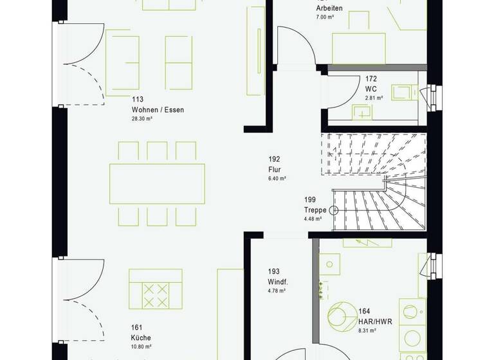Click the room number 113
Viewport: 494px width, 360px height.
pos(137,100)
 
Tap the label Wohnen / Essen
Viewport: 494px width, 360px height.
pos(158,110)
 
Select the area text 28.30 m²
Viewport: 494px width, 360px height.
pos(143,119)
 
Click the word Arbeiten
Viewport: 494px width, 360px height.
pos(329,8)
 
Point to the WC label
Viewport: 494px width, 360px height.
pos(370,89)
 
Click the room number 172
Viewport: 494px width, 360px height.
pos(370,79)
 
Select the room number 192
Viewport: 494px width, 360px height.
pos(275,159)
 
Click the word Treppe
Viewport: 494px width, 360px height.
pos(315,210)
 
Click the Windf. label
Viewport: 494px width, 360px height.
pos(277,283)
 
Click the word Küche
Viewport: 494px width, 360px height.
pos(140,337)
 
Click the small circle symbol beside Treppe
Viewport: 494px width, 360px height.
pos(334,210)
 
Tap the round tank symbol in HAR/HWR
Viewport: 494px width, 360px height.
pos(339,315)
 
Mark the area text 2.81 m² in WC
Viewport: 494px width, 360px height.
pos(374,98)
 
